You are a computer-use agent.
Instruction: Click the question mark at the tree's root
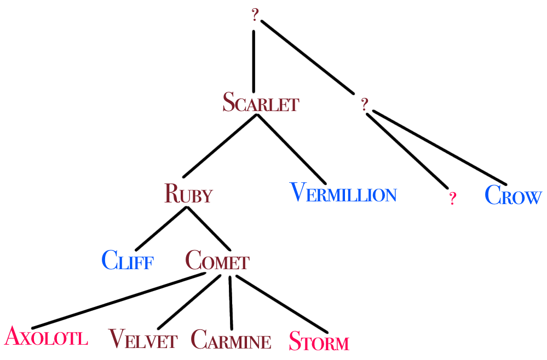click(255, 15)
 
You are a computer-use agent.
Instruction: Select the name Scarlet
click(260, 102)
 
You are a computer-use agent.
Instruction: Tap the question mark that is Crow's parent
click(365, 104)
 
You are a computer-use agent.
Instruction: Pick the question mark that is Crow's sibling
click(452, 199)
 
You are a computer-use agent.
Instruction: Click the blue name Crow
click(513, 196)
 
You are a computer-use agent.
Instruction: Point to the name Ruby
click(188, 194)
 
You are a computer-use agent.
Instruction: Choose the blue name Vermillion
click(343, 194)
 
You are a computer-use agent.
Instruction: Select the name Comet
click(217, 259)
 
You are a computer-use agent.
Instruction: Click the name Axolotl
click(46, 336)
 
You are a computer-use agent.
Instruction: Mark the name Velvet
click(143, 339)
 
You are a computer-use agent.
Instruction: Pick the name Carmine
click(231, 340)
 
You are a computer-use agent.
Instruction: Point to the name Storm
click(318, 341)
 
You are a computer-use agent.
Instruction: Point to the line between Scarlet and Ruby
click(219, 147)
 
